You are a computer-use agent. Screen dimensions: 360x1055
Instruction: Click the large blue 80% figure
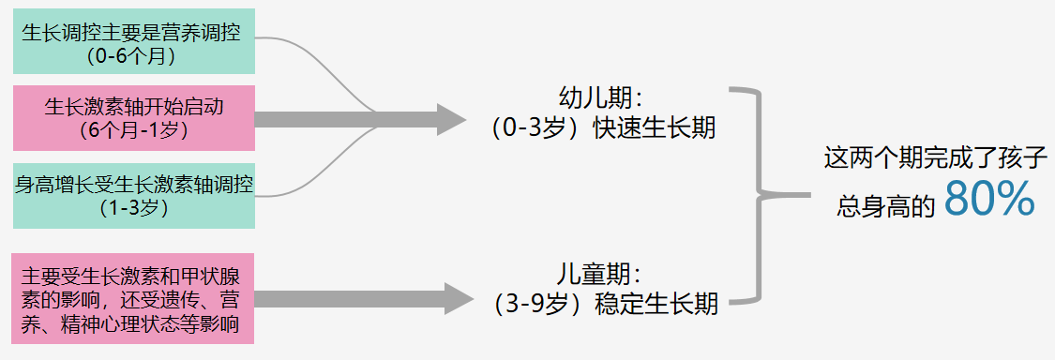(x=988, y=199)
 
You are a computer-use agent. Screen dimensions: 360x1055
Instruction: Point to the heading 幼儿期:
(x=600, y=97)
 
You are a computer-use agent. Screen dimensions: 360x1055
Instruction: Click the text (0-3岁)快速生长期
(x=603, y=127)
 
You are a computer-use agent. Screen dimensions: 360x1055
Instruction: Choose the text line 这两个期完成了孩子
(x=934, y=156)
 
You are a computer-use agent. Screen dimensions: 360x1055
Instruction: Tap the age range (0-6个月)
(x=133, y=56)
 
